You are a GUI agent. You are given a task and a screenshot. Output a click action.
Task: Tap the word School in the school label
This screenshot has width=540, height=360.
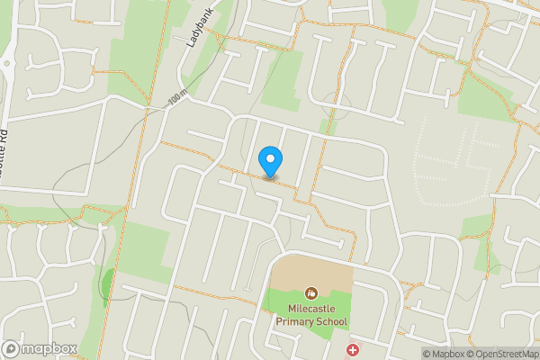[x=331, y=321]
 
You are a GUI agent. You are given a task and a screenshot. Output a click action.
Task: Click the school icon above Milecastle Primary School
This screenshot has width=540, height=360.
[x=310, y=292]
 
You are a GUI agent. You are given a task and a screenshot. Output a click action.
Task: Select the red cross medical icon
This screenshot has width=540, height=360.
[x=352, y=348]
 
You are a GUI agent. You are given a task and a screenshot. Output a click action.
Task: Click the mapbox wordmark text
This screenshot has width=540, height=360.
[x=49, y=349]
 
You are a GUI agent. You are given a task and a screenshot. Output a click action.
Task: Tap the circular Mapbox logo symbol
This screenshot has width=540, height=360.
[x=12, y=349]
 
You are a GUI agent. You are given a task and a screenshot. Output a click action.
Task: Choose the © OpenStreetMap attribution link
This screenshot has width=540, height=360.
[x=505, y=354]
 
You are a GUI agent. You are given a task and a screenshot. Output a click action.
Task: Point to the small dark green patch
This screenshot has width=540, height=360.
[x=108, y=284]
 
